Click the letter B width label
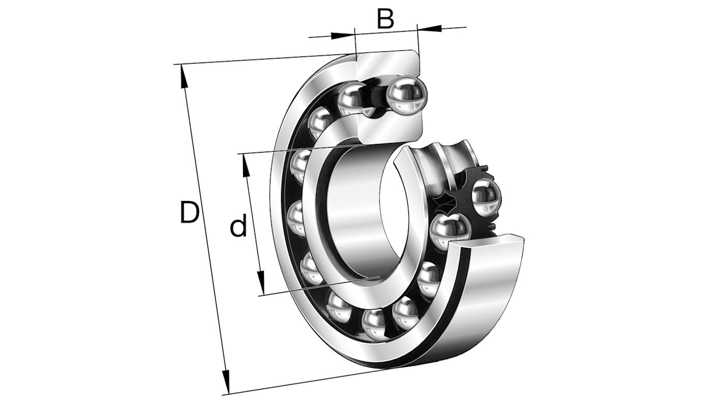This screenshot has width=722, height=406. (385, 19)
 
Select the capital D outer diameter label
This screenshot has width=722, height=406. (189, 213)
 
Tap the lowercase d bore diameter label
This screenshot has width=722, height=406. (238, 227)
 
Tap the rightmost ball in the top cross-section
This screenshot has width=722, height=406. (406, 94)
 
